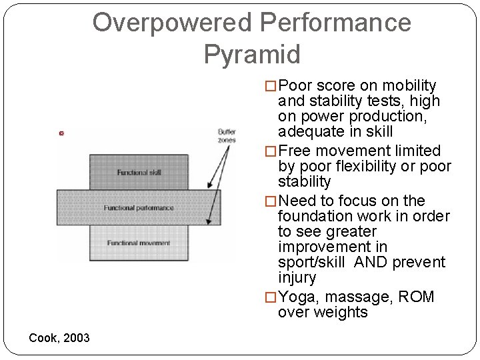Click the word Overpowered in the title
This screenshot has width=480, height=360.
click(172, 23)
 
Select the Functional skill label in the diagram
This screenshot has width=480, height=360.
click(139, 172)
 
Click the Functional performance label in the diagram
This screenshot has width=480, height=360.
click(139, 208)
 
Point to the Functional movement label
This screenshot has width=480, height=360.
click(139, 243)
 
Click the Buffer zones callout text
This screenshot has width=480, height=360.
click(227, 136)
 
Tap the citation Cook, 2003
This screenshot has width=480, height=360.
click(59, 338)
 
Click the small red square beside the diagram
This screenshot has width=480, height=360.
click(61, 133)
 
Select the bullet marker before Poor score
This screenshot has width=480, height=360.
click(271, 86)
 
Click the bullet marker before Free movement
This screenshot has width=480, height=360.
click(271, 151)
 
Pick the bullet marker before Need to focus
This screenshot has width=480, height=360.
click(271, 201)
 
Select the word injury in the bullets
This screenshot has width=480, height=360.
click(297, 277)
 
